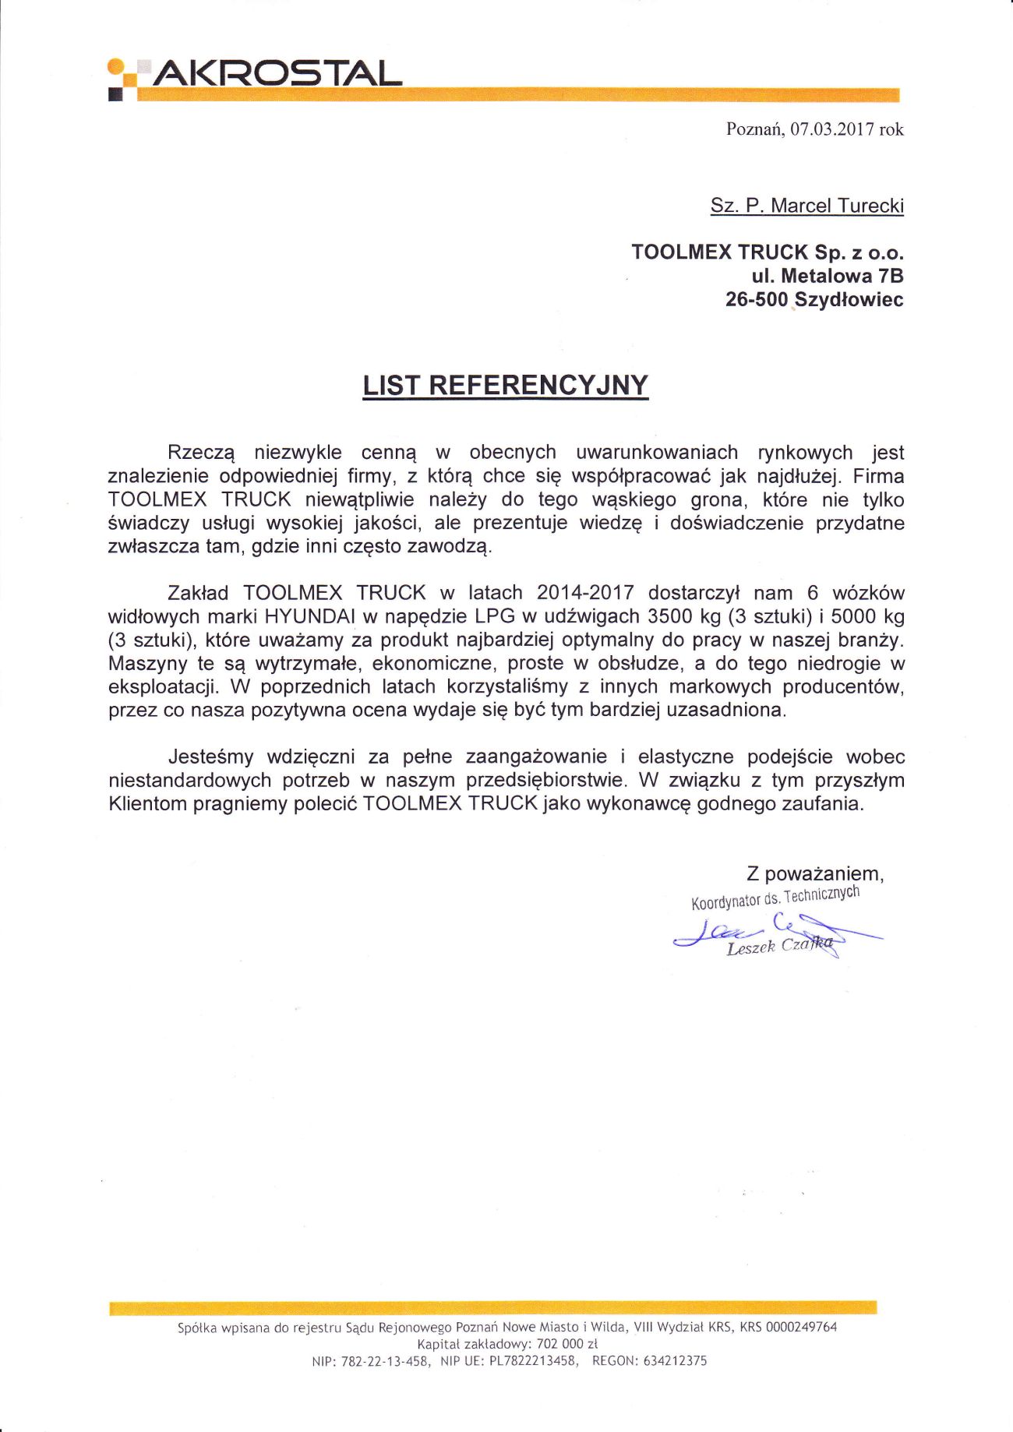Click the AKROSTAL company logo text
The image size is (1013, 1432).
pyautogui.click(x=277, y=74)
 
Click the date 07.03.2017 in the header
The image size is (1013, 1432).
pyautogui.click(x=831, y=130)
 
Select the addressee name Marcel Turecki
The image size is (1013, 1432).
pyautogui.click(x=837, y=206)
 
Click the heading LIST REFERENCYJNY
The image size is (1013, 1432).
pyautogui.click(x=506, y=386)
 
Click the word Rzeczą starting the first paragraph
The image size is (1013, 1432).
pyautogui.click(x=202, y=453)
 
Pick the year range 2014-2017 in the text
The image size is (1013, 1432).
pyautogui.click(x=584, y=593)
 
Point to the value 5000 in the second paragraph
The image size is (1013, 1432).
pyautogui.click(x=856, y=616)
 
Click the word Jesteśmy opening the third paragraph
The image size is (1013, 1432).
pyautogui.click(x=210, y=757)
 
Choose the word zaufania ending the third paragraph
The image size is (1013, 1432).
pyautogui.click(x=828, y=804)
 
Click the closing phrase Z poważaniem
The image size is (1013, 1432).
pyautogui.click(x=814, y=873)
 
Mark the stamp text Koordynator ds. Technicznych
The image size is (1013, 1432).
pyautogui.click(x=775, y=898)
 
